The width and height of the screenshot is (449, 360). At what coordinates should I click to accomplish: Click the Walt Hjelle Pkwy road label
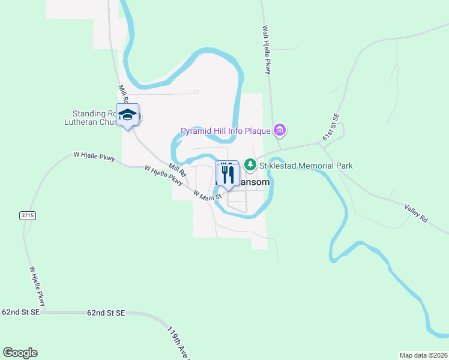(267, 50)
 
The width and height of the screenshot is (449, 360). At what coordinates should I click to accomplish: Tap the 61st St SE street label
(331, 127)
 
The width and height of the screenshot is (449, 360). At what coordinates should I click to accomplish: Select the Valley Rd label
(415, 213)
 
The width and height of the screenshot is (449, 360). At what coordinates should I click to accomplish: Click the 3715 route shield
(27, 215)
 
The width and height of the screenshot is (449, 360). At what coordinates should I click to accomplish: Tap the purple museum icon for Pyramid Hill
(279, 130)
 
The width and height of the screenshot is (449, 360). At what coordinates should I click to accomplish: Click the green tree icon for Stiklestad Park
(250, 164)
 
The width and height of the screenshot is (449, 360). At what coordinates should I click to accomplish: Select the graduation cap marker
(128, 115)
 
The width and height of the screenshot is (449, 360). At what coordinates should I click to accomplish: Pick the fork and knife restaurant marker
(228, 175)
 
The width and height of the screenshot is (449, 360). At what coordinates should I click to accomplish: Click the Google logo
(20, 353)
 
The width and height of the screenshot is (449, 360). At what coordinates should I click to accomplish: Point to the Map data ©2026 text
(423, 355)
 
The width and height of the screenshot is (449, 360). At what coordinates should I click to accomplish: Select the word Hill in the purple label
(224, 130)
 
